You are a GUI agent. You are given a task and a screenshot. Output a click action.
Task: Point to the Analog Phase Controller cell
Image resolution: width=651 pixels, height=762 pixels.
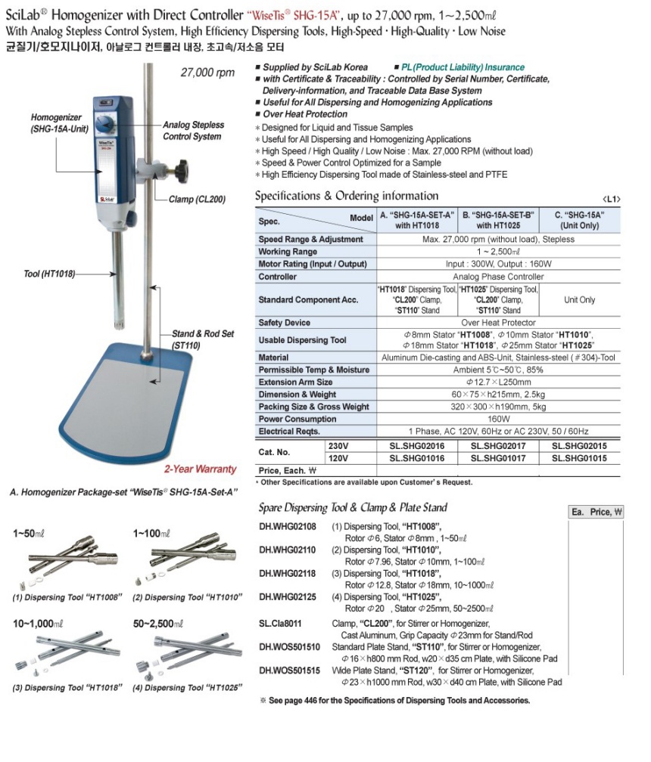(500, 277)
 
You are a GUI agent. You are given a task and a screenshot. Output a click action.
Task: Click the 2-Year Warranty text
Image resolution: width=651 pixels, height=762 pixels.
(201, 469)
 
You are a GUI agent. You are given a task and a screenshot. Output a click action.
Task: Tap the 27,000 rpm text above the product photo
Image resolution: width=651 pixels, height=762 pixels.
(207, 73)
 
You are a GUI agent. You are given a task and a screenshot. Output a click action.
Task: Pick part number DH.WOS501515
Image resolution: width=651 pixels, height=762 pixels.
(289, 670)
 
